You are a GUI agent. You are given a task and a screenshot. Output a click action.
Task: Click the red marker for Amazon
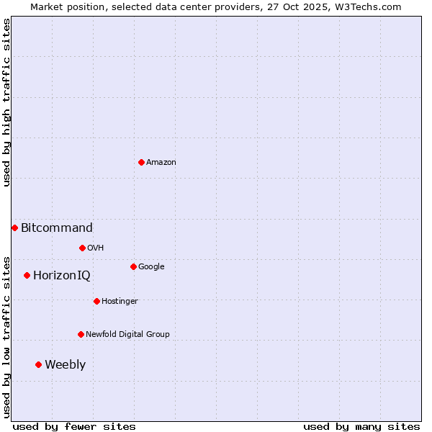click(141, 162)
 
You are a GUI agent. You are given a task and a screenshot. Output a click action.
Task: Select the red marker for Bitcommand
click(14, 228)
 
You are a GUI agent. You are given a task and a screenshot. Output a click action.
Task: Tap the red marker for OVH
click(82, 248)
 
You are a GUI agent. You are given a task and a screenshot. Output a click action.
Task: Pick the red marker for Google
click(133, 266)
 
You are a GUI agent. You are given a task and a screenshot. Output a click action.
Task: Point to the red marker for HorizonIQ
click(27, 275)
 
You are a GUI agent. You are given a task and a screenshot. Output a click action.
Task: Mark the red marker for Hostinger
click(96, 301)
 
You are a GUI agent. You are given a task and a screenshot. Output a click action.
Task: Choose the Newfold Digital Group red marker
click(81, 334)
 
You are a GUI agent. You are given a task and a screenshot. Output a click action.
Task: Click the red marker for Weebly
click(38, 364)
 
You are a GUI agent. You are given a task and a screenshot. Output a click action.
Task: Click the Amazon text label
click(161, 162)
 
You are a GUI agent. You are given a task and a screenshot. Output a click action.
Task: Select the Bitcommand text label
click(57, 228)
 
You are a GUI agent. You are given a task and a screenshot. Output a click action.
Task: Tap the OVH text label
click(96, 248)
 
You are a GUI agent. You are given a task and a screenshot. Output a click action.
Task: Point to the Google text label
click(151, 266)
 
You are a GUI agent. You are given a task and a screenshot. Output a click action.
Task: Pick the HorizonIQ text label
click(62, 276)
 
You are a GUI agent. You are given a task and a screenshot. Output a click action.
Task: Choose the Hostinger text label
click(120, 301)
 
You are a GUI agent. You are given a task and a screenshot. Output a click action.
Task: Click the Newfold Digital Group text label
click(127, 334)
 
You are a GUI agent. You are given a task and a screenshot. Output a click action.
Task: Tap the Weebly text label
click(65, 365)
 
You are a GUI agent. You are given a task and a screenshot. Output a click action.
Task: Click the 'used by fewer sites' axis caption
click(74, 426)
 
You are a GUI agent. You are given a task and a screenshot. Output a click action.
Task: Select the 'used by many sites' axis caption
click(361, 426)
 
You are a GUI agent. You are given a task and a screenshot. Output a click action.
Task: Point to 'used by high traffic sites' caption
click(6, 102)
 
